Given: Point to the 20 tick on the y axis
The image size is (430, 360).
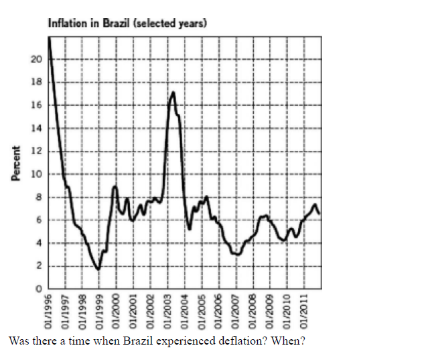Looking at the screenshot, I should [37, 60].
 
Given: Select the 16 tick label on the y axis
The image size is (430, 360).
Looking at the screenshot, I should [37, 105].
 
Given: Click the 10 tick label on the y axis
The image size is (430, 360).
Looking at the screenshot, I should [37, 174].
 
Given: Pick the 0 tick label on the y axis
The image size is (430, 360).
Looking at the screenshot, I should [40, 289].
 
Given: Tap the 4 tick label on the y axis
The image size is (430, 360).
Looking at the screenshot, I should [40, 243].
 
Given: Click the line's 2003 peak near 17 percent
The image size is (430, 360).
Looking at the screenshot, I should [173, 93].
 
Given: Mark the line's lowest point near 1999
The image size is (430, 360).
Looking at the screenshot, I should [98, 269].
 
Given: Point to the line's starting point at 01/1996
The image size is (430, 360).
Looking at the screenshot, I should [49, 39].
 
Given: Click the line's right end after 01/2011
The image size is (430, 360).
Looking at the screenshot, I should [319, 213].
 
